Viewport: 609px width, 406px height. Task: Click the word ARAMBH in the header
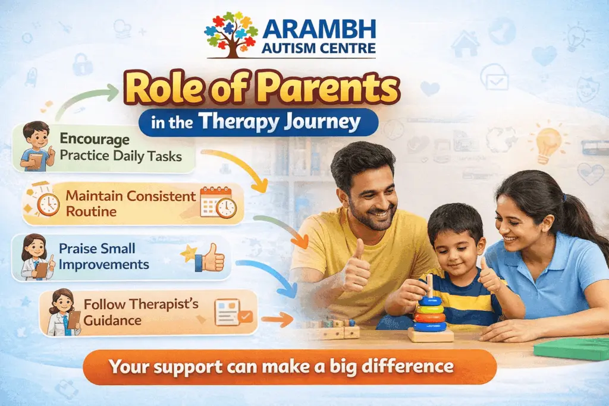point(318,29)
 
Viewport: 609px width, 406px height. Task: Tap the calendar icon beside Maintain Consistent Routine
point(217,202)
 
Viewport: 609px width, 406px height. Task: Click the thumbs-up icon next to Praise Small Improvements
point(209,258)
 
